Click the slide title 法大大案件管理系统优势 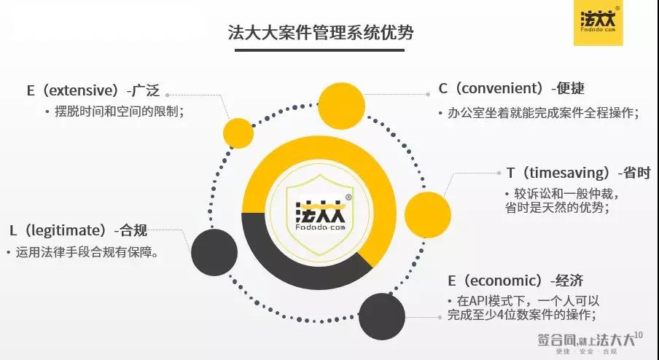coord(321,32)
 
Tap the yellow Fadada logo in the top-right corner coord(598,23)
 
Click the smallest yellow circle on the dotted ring coord(238,133)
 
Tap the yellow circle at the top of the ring coord(341,106)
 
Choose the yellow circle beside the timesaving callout coord(428,215)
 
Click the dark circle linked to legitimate coord(214,252)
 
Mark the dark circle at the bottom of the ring coord(382,316)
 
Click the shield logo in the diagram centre coord(320,215)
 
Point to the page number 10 coord(638,334)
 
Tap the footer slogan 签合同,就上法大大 coord(586,340)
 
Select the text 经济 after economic coord(569,281)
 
